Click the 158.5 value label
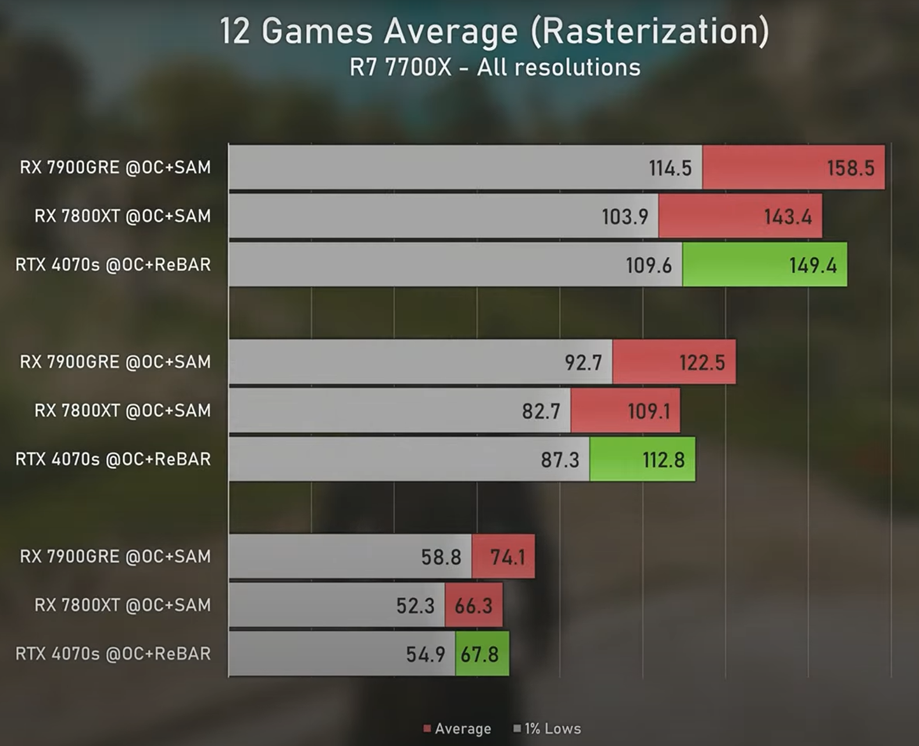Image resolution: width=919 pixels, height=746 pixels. click(x=850, y=168)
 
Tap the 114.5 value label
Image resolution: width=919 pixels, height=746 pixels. click(x=670, y=168)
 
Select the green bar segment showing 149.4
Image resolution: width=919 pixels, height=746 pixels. click(x=764, y=265)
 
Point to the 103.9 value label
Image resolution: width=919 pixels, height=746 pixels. click(x=625, y=217)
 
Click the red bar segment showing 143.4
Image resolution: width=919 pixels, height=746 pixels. click(x=740, y=217)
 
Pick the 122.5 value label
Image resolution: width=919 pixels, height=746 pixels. click(x=702, y=363)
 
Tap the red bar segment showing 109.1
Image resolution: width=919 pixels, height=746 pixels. click(x=625, y=411)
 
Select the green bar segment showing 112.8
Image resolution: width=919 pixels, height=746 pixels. click(x=642, y=460)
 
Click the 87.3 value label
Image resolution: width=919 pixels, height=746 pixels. click(x=560, y=460)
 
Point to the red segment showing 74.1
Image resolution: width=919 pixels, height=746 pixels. click(x=503, y=557)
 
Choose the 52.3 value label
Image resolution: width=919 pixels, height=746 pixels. click(x=415, y=605)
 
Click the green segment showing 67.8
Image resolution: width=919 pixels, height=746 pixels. click(x=482, y=654)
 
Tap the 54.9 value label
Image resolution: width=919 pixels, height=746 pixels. click(x=425, y=654)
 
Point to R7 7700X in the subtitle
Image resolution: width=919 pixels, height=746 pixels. click(x=400, y=67)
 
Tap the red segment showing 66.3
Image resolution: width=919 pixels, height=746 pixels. click(x=474, y=605)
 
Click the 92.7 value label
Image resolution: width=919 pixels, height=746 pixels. click(x=583, y=363)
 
